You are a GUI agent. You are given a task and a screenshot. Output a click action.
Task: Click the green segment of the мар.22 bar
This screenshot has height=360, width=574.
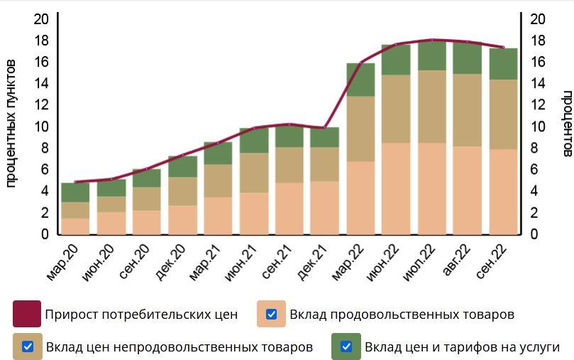point(360,80)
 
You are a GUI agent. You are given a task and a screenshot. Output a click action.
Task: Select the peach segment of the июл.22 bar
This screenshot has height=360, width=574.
point(432,188)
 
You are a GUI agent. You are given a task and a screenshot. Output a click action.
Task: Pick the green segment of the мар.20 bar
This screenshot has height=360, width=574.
point(75,192)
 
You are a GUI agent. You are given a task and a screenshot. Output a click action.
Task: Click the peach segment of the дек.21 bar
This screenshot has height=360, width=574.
point(324,207)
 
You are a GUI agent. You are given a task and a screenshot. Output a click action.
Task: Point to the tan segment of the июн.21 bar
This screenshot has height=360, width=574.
point(253,173)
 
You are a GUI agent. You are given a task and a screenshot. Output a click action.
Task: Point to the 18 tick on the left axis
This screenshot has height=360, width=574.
point(42,40)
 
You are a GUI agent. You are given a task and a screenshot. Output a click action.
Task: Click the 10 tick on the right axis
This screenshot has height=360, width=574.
point(538,126)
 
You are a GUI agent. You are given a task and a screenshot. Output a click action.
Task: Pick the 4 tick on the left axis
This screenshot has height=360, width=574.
point(44,191)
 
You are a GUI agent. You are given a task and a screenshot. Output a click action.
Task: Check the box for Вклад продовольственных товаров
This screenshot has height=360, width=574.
point(271,314)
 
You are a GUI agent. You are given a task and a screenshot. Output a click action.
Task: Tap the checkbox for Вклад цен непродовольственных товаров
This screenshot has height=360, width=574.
point(28,347)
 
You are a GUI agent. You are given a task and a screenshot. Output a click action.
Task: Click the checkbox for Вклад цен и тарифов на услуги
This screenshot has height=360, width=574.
point(346,347)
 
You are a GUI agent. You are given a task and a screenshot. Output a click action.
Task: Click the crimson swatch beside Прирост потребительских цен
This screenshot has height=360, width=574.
point(27,314)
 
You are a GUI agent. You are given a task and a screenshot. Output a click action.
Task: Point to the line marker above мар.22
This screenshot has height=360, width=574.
point(360,63)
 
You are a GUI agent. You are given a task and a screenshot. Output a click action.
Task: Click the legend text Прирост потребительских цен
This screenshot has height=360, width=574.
point(141,314)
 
